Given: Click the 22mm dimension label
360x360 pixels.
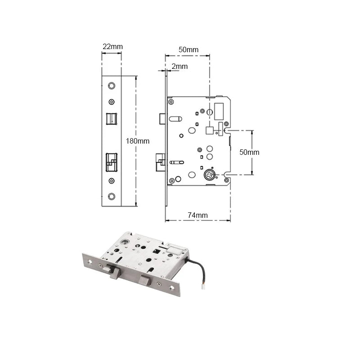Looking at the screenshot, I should [x=112, y=47].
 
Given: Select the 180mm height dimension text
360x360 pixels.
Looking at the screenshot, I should [x=137, y=141].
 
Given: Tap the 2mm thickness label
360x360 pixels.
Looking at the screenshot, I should [x=180, y=66].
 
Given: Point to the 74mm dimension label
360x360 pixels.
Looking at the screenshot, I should [x=198, y=215].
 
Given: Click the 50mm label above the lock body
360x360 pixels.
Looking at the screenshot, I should [x=188, y=49].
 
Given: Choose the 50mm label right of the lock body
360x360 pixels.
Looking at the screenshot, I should [x=249, y=152].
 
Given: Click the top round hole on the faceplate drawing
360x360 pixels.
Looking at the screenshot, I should [x=112, y=85].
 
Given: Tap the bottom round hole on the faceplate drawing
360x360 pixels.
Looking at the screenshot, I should [x=112, y=197].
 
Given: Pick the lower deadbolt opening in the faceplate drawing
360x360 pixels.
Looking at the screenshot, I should [x=111, y=162].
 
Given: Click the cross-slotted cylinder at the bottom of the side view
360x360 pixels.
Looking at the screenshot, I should [x=209, y=175].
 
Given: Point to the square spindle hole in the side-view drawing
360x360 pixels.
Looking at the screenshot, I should [x=209, y=130].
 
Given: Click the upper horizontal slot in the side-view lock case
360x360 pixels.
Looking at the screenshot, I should [x=175, y=119].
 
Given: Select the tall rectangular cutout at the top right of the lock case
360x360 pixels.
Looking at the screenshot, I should [x=220, y=110].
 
